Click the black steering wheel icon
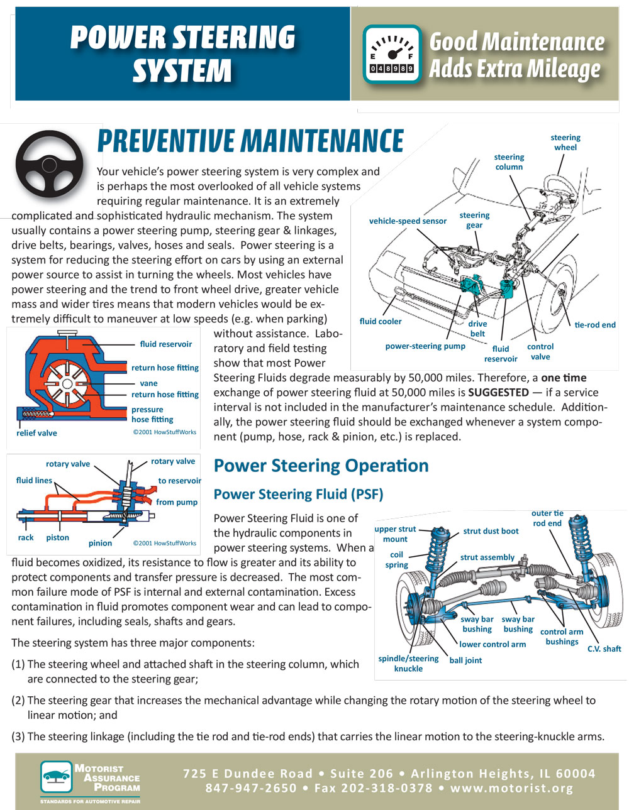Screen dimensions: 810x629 [50, 163]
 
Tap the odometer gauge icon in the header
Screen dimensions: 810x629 [392, 54]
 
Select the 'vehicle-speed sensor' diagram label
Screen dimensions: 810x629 [408, 221]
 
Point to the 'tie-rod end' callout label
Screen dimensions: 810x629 [594, 325]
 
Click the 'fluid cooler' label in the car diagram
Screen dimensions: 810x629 [381, 321]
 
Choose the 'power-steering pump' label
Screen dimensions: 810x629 [425, 346]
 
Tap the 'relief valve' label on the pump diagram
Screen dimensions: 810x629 [36, 433]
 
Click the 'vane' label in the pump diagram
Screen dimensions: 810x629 [149, 383]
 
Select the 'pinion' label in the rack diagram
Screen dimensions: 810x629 [100, 543]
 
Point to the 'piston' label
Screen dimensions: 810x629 [57, 537]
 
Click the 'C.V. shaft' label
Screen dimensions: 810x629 [604, 649]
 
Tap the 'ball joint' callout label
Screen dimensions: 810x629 [465, 660]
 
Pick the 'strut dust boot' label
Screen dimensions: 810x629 [491, 531]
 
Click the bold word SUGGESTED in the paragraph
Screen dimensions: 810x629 [498, 393]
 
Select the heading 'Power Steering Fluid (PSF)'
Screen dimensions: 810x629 [298, 495]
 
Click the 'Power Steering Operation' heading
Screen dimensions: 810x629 [321, 466]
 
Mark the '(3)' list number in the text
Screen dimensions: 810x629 [18, 737]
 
